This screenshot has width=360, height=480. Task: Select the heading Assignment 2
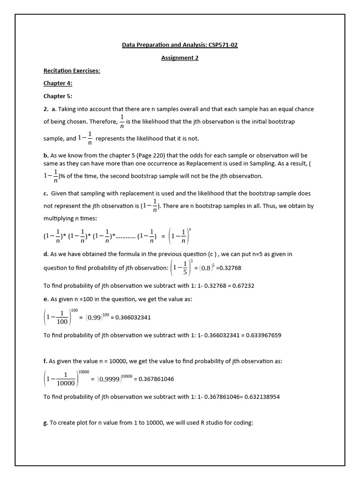(x=180, y=58)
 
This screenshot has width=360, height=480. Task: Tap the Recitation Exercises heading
(x=72, y=71)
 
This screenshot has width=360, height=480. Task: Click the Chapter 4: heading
(x=58, y=83)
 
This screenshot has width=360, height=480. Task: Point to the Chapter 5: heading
(x=58, y=96)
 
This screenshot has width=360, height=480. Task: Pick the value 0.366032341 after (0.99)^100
(x=133, y=317)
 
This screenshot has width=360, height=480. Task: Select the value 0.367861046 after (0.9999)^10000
(x=155, y=379)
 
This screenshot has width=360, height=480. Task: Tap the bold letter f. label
(x=46, y=361)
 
